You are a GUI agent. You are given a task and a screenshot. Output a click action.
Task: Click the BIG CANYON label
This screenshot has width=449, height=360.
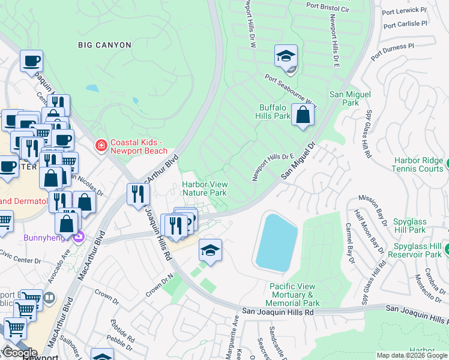tap(105, 44)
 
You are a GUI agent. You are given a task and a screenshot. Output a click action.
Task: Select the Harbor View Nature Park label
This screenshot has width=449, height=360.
tap(204, 189)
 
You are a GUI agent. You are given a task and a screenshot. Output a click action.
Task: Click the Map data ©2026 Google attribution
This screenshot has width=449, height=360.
tap(412, 355)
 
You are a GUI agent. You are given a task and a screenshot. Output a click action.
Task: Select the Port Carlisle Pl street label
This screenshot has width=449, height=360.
tap(405, 25)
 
